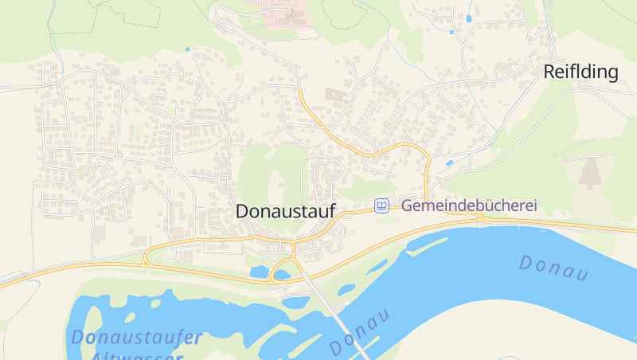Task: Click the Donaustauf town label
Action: pyautogui.click(x=285, y=211)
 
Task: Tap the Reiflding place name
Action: pyautogui.click(x=580, y=72)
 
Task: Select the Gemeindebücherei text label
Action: pyautogui.click(x=469, y=205)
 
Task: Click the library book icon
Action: pyautogui.click(x=382, y=206)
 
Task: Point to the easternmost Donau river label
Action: pyautogui.click(x=554, y=268)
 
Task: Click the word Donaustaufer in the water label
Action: pyautogui.click(x=136, y=337)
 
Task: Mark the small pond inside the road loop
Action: pyautogui.click(x=259, y=272)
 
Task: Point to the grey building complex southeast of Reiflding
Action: pyautogui.click(x=590, y=172)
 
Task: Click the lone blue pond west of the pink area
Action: pyautogui.click(x=188, y=49)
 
